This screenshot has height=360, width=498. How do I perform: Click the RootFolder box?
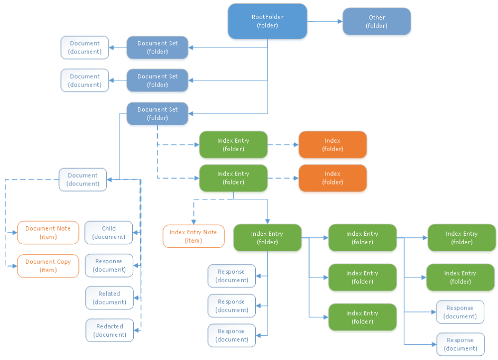pos(268,21)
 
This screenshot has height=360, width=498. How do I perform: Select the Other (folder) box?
pos(376,22)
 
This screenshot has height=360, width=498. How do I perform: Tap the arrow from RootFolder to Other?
pos(325,22)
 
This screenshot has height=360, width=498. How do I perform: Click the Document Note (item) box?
pos(48,233)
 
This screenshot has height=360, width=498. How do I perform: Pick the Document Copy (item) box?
pos(48,266)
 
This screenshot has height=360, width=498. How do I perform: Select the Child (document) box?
pos(109,233)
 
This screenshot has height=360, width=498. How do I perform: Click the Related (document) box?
pos(109,298)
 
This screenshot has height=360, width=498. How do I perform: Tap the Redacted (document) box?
pos(109,330)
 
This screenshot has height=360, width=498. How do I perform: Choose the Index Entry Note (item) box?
pos(193,236)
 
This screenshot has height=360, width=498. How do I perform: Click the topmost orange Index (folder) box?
pos(333,145)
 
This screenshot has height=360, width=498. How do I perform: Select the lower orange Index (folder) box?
pos(333,178)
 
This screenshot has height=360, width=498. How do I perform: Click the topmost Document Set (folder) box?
pos(157,48)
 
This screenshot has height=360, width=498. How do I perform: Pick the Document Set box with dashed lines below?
pos(157,114)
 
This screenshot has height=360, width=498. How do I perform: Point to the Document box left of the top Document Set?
pos(85,48)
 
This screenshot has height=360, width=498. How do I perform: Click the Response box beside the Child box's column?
pos(109,265)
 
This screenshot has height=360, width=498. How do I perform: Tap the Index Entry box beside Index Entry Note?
pos(267,238)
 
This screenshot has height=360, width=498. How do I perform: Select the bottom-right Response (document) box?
pos(460,344)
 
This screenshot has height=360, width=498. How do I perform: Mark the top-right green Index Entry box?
pos(461,238)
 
